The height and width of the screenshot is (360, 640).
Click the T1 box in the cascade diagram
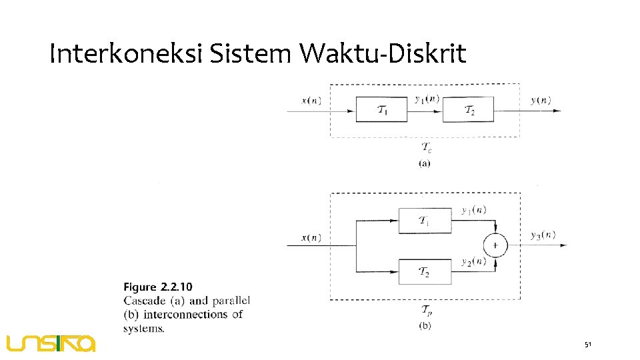381,109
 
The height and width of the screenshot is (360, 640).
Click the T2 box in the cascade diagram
469,109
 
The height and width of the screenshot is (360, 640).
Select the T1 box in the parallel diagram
424,221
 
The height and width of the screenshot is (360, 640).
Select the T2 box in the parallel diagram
424,271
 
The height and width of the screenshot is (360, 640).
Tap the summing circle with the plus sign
495,246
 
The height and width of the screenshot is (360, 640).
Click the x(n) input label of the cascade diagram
311,101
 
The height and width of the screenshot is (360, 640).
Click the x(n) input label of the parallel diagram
311,237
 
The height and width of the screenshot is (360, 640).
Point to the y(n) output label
541,101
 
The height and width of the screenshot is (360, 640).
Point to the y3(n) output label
543,235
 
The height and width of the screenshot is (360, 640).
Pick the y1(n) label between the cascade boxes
427,99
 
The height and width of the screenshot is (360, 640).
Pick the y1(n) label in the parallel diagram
473,210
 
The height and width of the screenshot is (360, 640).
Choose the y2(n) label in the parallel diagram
473,262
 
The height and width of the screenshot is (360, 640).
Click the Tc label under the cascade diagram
426,147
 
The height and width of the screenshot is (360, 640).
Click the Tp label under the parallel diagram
425,310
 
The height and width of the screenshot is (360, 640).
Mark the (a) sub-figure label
425,163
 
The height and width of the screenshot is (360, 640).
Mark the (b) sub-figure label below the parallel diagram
425,325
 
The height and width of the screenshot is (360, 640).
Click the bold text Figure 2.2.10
158,287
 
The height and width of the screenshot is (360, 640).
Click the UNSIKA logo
51,343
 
